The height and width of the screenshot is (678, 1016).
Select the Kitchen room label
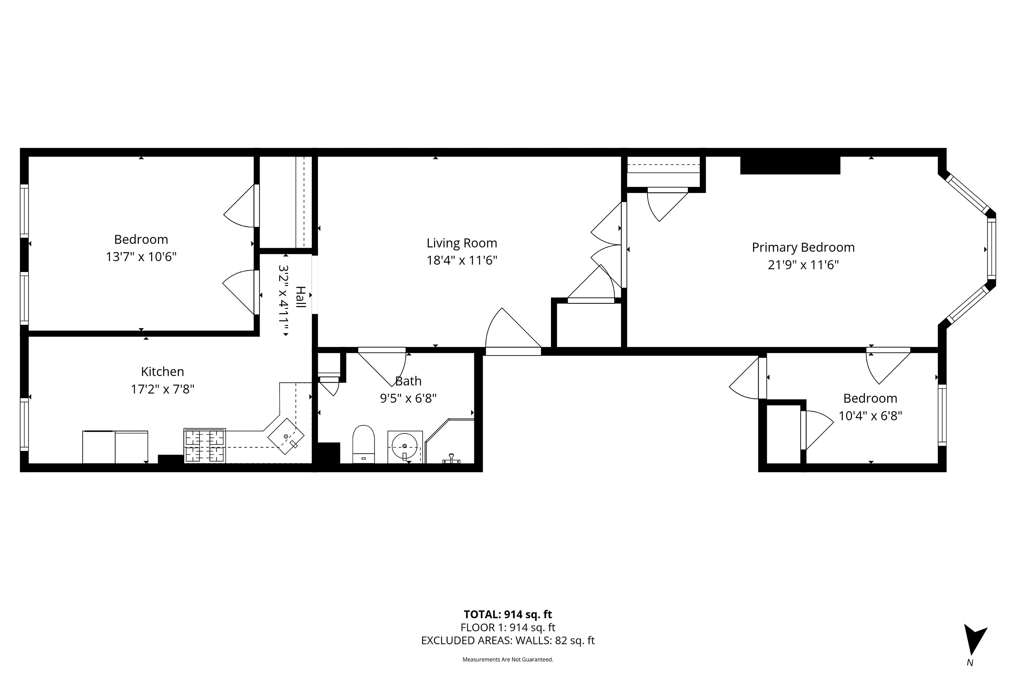pyautogui.click(x=162, y=371)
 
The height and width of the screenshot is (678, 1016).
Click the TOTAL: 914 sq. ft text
pyautogui.click(x=508, y=614)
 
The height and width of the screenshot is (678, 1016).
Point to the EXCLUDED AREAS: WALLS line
pyautogui.click(x=508, y=640)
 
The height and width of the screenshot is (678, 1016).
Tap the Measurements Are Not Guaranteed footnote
pyautogui.click(x=508, y=659)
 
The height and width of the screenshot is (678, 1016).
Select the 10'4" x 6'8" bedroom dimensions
pyautogui.click(x=870, y=416)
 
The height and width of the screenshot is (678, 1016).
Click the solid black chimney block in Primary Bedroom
pyautogui.click(x=790, y=166)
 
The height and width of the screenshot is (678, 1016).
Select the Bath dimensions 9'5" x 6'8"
pyautogui.click(x=408, y=398)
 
